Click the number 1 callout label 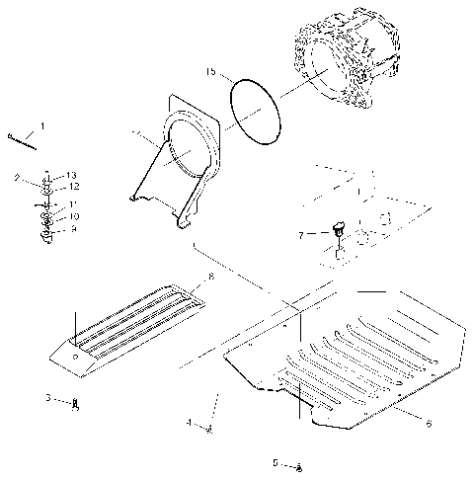(41, 126)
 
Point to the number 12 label (74, 186)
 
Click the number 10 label (74, 215)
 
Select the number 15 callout (210, 72)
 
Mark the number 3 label (46, 398)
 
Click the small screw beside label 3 (78, 402)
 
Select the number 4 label (189, 423)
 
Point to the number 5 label (276, 462)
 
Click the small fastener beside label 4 (209, 427)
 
